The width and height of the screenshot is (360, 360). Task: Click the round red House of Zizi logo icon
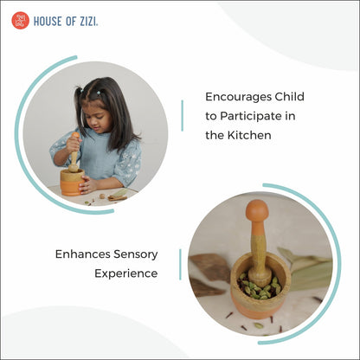point(20,20)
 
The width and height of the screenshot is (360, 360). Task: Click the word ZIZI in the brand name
point(87,21)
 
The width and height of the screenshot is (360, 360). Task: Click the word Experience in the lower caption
point(126,273)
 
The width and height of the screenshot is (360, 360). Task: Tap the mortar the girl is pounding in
point(72,181)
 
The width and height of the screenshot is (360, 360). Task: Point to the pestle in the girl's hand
point(74,151)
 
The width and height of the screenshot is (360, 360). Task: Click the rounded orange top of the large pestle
point(257,210)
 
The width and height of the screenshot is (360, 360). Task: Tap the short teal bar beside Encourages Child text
point(182,116)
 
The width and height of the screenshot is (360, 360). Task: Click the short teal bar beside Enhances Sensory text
point(180,264)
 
